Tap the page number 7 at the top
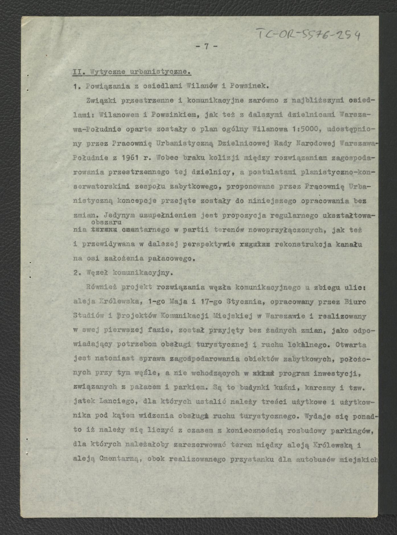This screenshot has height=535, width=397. [206, 46]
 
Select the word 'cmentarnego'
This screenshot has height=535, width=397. [145, 230]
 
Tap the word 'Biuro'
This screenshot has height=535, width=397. [355, 301]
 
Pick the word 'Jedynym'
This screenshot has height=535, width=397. [110, 215]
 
